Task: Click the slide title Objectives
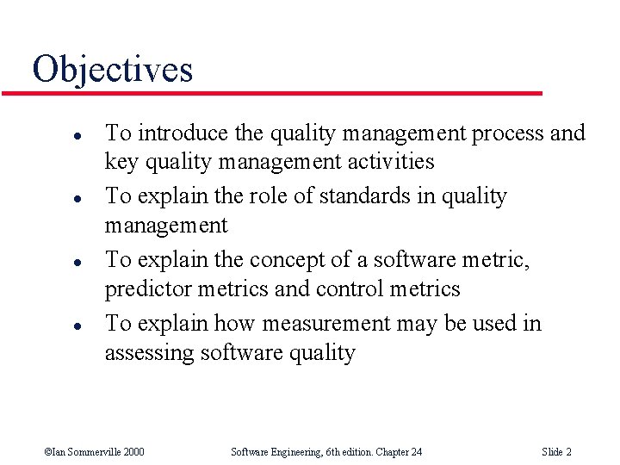coord(113,69)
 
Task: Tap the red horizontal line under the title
coord(284,93)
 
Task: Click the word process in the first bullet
coord(508,133)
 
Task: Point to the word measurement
coord(325,324)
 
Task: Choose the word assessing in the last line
coord(148,353)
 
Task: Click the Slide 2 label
coord(556,452)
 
